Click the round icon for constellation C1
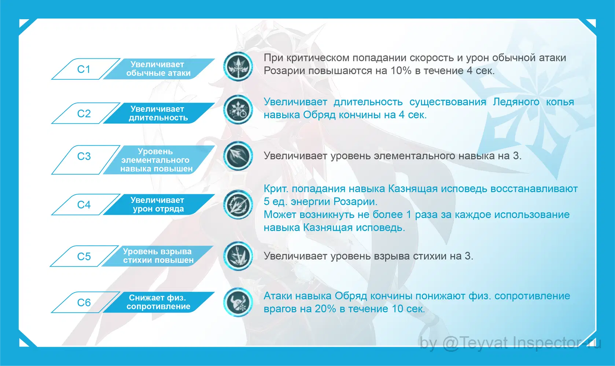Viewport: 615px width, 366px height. (x=238, y=67)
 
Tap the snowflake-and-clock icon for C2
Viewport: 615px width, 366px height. (x=238, y=110)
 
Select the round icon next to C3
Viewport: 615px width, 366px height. (x=238, y=156)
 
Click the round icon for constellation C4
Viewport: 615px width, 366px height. (x=238, y=205)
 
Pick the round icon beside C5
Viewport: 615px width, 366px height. (x=238, y=256)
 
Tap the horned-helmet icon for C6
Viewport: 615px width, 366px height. (x=238, y=302)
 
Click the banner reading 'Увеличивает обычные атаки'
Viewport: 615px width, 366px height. (x=159, y=69)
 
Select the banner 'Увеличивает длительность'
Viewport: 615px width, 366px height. (x=159, y=113)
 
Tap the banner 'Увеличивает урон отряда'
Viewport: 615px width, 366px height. (x=159, y=205)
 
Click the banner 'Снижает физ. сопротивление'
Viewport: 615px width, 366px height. (x=159, y=302)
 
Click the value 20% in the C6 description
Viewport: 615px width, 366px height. (x=325, y=309)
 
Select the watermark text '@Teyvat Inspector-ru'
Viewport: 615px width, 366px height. (x=522, y=343)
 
